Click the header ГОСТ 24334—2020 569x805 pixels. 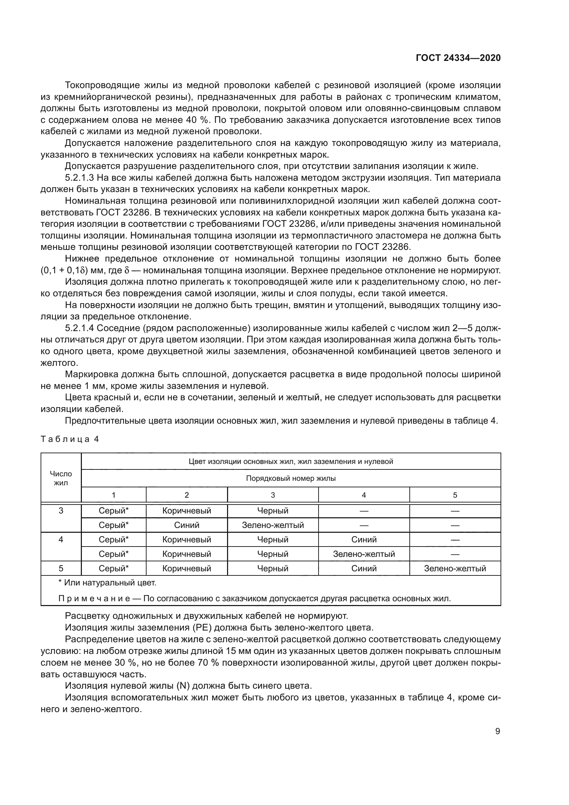pos(458,58)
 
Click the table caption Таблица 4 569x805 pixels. pos(70,439)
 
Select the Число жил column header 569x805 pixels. pos(61,478)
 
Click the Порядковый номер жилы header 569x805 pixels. pos(291,478)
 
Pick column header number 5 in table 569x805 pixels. pos(455,495)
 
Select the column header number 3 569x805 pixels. pos(272,495)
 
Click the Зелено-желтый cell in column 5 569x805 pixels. pos(455,568)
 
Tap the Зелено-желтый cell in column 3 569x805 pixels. pos(272,525)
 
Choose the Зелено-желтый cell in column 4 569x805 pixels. pos(364,554)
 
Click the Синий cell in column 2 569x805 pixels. pos(186,525)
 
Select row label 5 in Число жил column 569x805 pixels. pos(61,568)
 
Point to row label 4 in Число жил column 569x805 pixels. pos(61,540)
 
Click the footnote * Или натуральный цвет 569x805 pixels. pos(107,583)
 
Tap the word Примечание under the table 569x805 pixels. pos(94,599)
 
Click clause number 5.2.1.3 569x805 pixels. pos(79,178)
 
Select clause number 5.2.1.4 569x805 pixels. pos(79,328)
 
